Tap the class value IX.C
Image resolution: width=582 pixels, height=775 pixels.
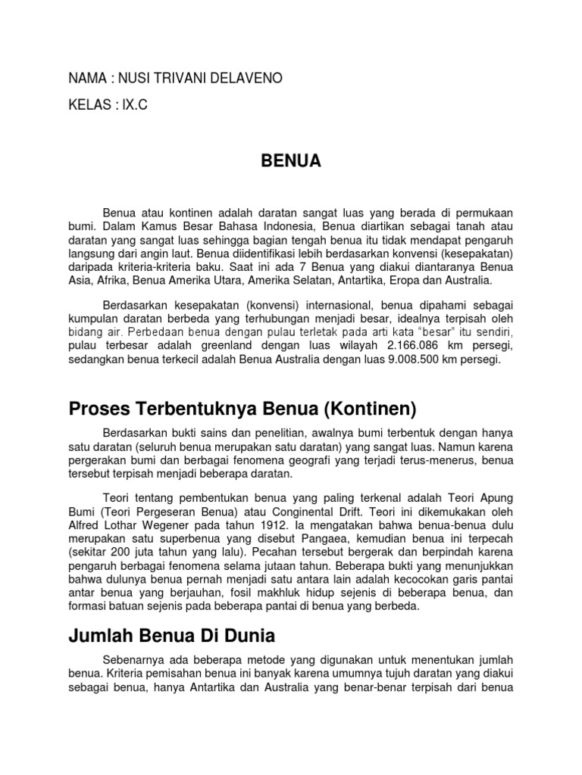133,106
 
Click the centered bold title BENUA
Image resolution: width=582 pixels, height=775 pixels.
291,160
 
